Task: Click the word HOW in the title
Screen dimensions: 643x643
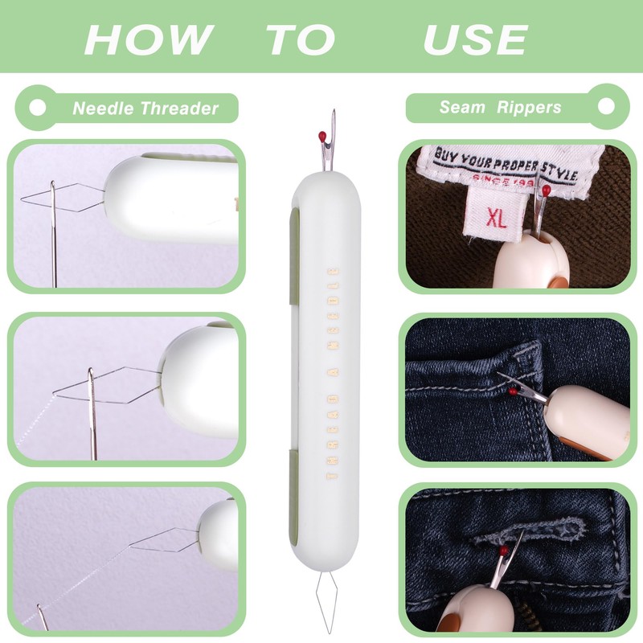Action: (149, 39)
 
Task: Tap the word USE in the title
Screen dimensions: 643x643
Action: (475, 39)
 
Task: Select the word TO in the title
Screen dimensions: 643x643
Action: (301, 39)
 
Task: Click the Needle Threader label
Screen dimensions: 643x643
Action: (145, 109)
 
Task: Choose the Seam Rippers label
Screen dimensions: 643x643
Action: (500, 108)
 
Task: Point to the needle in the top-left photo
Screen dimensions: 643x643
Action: (53, 233)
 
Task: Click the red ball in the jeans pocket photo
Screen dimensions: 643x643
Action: (511, 391)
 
